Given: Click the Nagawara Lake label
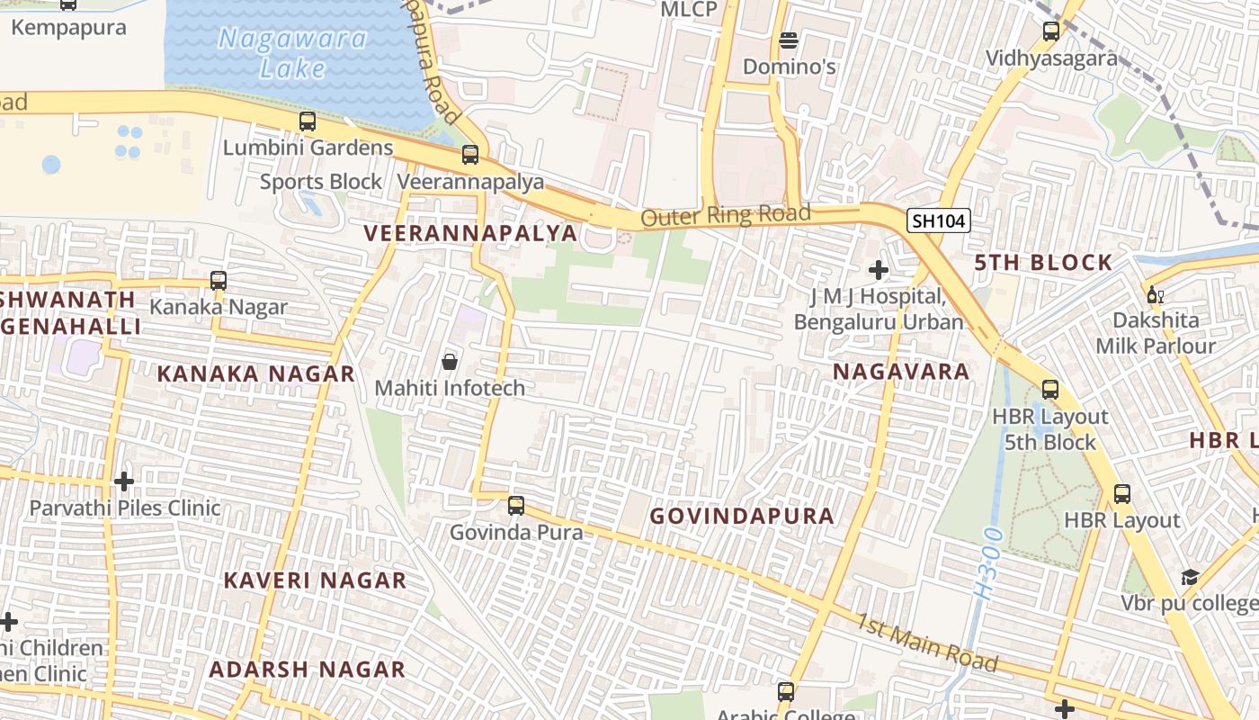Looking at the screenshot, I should (x=293, y=53).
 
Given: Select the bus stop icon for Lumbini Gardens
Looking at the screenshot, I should (x=308, y=121).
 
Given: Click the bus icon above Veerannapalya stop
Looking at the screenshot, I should (x=470, y=155).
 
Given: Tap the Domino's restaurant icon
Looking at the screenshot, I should (x=789, y=40).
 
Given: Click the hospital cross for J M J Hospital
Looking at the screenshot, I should (x=879, y=269).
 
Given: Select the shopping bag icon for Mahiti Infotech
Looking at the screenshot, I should (x=450, y=362).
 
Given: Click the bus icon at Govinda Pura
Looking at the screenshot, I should (x=516, y=506).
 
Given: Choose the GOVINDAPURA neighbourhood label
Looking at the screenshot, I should (x=742, y=517).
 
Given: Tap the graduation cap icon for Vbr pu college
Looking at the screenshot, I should (x=1190, y=577).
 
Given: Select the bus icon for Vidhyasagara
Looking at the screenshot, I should (x=1050, y=31).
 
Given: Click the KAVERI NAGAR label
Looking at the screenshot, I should (x=315, y=580).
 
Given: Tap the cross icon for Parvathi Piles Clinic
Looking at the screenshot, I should (x=124, y=481).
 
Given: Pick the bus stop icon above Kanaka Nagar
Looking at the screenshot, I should (x=219, y=281).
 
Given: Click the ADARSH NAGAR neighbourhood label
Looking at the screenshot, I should (x=307, y=670).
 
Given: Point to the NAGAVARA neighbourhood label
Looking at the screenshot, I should (x=901, y=372).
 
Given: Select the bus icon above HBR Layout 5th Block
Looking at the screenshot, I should (x=1049, y=391).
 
